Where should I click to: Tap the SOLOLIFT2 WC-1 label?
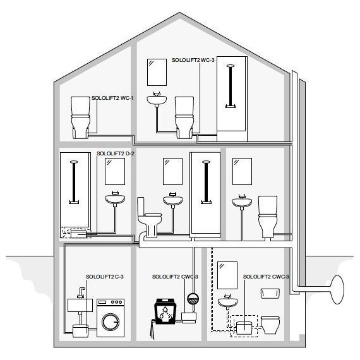click(112, 99)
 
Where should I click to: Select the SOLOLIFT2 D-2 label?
click(116, 153)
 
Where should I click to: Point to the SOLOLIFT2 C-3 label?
click(104, 277)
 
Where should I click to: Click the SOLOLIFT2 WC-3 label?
click(193, 60)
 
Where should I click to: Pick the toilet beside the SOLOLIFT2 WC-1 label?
click(81, 117)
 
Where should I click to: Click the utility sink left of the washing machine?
click(80, 304)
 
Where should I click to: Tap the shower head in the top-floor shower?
click(232, 66)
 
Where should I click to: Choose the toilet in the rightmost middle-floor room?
click(268, 215)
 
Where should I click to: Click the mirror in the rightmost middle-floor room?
click(241, 171)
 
